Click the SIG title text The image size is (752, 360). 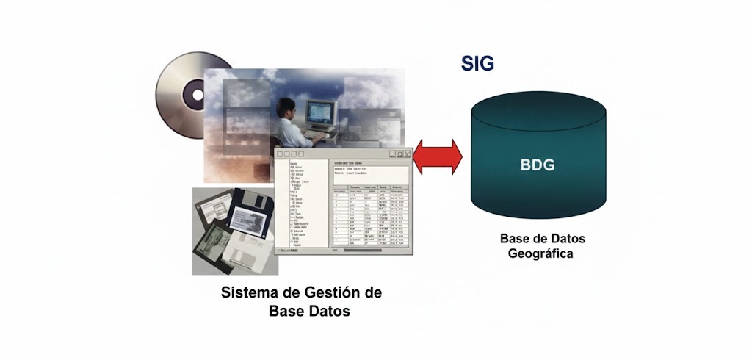click(x=477, y=64)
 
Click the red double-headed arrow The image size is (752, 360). click(x=438, y=156)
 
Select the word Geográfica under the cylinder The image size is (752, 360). click(x=540, y=254)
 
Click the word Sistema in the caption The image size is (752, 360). click(x=252, y=292)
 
